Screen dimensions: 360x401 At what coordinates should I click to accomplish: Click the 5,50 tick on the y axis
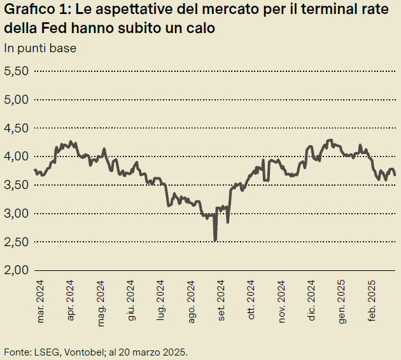[x=16, y=71]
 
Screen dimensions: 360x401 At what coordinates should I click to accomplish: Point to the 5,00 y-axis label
[x=16, y=99]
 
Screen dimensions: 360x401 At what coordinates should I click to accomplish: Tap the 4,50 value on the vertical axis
[x=16, y=128]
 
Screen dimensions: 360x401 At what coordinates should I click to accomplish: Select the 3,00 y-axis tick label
[x=16, y=213]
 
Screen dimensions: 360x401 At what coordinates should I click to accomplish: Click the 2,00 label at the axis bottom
[x=16, y=270]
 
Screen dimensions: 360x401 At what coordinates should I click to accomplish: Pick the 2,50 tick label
[x=16, y=242]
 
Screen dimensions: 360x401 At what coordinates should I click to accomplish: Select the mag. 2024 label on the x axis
[x=101, y=301]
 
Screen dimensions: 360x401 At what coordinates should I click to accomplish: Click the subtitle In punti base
[x=40, y=48]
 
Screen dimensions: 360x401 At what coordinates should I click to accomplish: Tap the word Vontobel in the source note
[x=79, y=352]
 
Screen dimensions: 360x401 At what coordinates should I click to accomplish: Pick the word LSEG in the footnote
[x=43, y=352]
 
